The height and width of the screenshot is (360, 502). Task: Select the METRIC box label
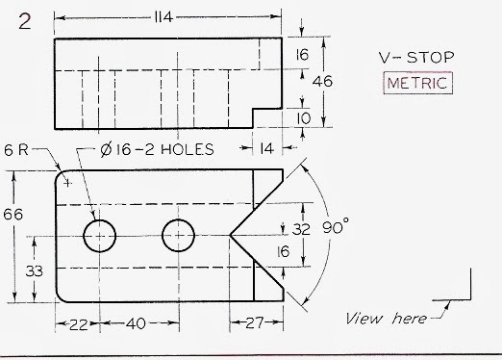pos(417,83)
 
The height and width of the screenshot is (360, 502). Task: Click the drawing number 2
pos(24,21)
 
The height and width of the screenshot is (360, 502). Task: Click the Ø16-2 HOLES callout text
pos(157,149)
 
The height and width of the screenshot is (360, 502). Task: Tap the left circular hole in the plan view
pos(99,234)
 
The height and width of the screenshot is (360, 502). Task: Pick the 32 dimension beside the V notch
pos(302,229)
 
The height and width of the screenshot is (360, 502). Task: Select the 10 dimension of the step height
pos(303,117)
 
